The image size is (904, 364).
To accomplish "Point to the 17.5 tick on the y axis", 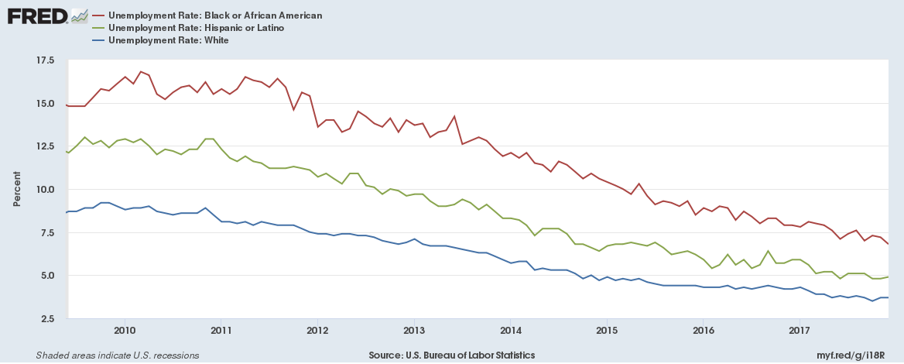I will coord(44,60).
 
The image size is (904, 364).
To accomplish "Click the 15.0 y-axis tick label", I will coord(44,104).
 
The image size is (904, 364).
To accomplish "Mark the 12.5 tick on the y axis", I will coord(44,146).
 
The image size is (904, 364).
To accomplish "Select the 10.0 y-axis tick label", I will coord(44,190).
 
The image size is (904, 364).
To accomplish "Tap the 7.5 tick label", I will coord(46,232).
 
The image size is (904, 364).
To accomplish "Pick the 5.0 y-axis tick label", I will coord(46,276).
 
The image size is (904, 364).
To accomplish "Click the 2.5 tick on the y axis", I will coord(46,318).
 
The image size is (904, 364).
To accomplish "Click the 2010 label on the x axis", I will coord(125,331).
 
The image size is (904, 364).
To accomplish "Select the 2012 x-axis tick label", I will coord(317,331).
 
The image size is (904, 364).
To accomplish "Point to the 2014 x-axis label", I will coord(510,331).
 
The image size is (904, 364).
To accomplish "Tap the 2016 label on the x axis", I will coord(703,331).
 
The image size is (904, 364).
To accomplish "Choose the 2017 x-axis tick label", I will coord(799,331).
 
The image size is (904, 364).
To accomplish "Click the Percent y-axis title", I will coord(17,190).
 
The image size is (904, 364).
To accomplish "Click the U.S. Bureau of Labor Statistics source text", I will coord(451,355).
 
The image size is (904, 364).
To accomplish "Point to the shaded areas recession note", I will coord(117,355).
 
